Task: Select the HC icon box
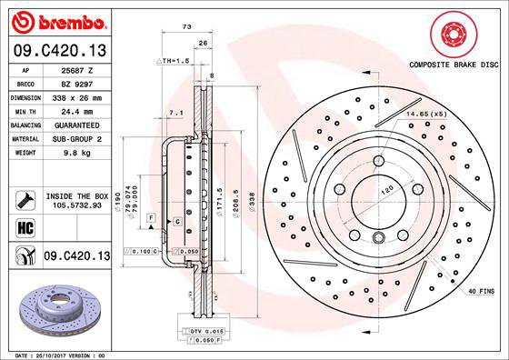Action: click(x=25, y=227)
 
